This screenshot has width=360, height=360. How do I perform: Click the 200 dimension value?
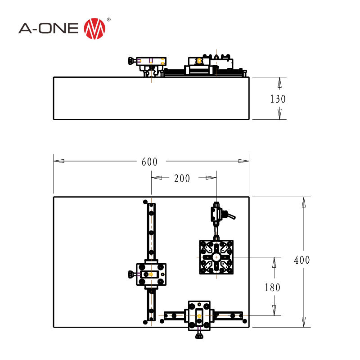coord(182,179)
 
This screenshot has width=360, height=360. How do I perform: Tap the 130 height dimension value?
coord(278,99)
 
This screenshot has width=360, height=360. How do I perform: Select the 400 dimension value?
coord(302,260)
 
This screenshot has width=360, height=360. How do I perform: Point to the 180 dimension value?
coord(272,287)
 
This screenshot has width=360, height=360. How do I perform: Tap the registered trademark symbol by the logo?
coord(109,20)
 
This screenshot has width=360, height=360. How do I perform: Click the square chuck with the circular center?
coord(216,257)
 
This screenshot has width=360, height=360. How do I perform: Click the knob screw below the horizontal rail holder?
coord(199,336)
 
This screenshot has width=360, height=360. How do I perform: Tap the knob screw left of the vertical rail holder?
coord(131,274)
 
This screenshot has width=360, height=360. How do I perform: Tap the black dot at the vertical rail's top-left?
coord(144,202)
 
